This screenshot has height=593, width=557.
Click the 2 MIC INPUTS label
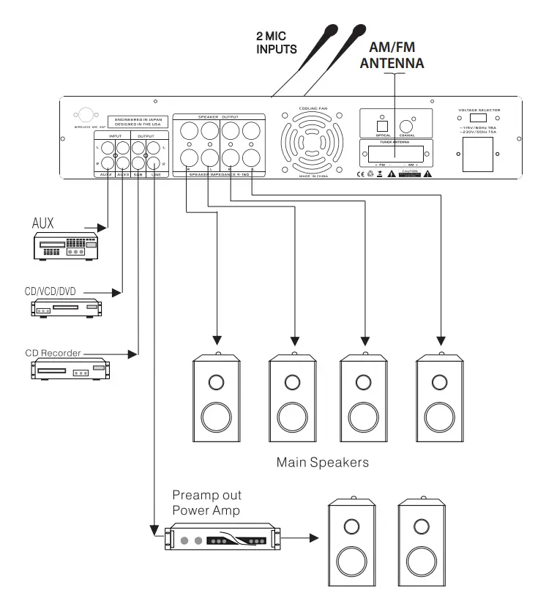pyautogui.click(x=276, y=42)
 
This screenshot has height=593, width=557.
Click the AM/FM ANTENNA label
pyautogui.click(x=392, y=55)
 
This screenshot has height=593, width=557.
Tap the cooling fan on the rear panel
pyautogui.click(x=313, y=142)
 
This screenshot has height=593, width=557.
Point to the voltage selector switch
pyautogui.click(x=479, y=119)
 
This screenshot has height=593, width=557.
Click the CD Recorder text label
pyautogui.click(x=53, y=354)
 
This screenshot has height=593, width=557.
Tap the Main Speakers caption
pyautogui.click(x=322, y=463)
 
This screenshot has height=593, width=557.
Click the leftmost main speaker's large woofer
pyautogui.click(x=215, y=418)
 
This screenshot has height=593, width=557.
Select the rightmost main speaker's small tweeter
pyautogui.click(x=439, y=382)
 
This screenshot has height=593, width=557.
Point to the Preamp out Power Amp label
pyautogui.click(x=206, y=503)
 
